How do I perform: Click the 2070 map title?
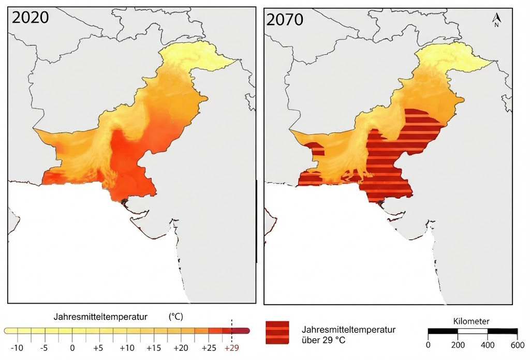[x=285, y=20]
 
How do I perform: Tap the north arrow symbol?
[x=496, y=19]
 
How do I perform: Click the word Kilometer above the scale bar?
[x=472, y=321]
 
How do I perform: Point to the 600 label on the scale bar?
[x=517, y=346]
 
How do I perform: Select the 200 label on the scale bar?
[x=458, y=346]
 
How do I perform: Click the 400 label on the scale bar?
[x=487, y=346]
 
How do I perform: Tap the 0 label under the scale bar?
[x=428, y=346]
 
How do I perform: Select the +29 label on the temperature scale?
[x=231, y=347]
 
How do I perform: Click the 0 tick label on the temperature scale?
[x=72, y=347]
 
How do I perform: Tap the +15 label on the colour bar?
[x=153, y=347]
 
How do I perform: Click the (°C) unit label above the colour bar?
[x=176, y=316]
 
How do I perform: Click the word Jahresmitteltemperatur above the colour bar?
[x=100, y=316]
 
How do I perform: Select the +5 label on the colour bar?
[x=99, y=347]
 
